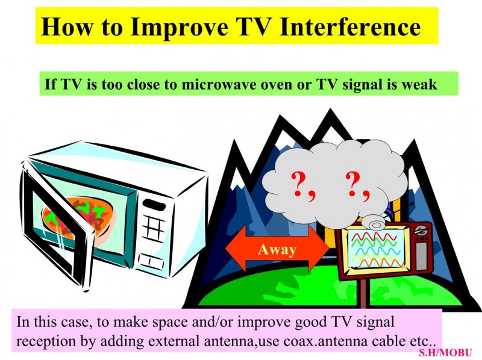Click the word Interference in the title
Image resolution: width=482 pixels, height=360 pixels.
tap(351, 26)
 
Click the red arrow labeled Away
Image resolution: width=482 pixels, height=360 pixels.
tap(277, 249)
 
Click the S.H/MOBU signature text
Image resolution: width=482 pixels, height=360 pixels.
tap(445, 352)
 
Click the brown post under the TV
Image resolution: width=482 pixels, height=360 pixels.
tap(363, 293)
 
